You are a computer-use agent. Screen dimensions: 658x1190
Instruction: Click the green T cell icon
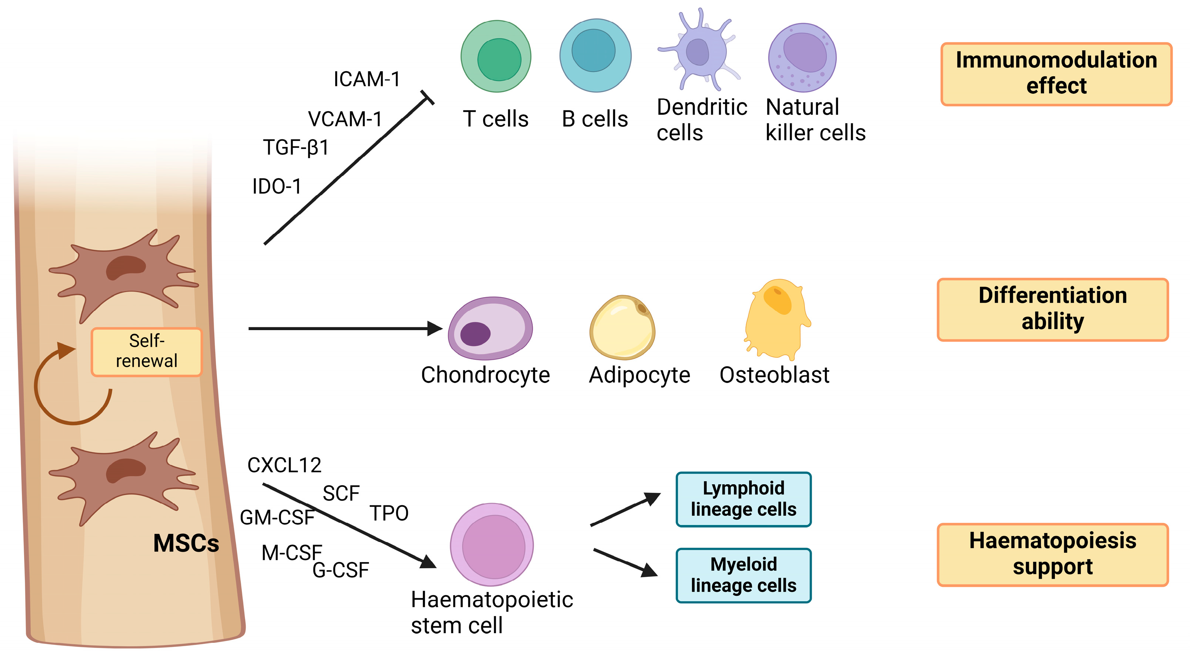click(x=496, y=56)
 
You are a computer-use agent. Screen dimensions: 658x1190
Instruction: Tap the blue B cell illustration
click(x=595, y=56)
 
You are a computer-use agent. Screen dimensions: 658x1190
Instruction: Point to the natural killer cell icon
click(x=802, y=58)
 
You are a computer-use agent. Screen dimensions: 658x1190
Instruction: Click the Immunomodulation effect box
click(x=1056, y=74)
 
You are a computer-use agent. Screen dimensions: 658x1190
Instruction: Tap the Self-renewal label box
click(x=146, y=352)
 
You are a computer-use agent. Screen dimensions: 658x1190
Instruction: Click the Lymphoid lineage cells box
click(x=743, y=499)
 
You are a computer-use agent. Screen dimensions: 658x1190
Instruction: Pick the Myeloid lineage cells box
click(x=743, y=575)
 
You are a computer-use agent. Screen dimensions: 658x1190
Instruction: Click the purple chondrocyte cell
click(x=490, y=329)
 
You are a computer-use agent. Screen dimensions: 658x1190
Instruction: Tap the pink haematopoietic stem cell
click(x=492, y=544)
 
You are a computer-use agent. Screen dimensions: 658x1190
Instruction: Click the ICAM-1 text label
click(x=367, y=80)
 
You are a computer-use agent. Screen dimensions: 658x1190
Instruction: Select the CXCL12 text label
click(x=284, y=465)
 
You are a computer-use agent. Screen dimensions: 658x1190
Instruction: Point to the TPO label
click(x=389, y=514)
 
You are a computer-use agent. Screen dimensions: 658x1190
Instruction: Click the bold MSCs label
click(x=186, y=543)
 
